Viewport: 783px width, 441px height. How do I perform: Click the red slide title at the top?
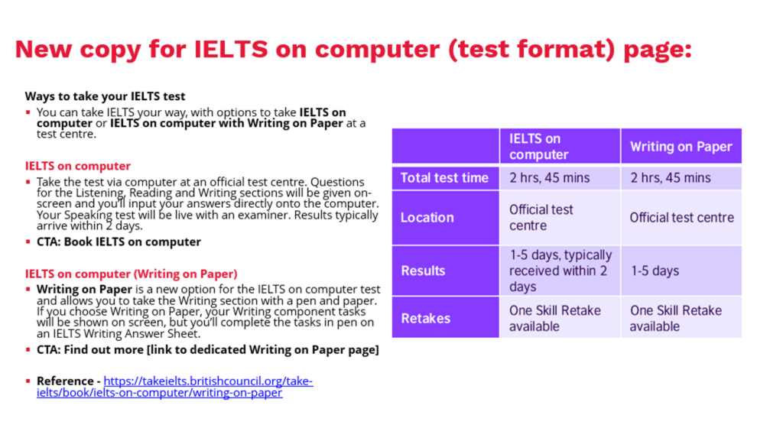(353, 50)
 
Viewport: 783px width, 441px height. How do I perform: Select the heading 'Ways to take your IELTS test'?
(105, 96)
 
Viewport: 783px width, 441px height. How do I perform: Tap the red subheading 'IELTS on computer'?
(78, 166)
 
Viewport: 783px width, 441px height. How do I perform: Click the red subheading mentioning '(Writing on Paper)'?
(132, 274)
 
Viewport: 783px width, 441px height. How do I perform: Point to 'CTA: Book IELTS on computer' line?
(119, 242)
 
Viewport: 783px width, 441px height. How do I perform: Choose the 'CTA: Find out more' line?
(208, 350)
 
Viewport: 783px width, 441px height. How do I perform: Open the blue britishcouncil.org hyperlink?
(175, 387)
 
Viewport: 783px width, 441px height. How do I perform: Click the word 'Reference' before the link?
(65, 381)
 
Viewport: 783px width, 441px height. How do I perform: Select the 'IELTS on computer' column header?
(560, 146)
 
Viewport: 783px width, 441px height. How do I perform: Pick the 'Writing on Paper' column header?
(681, 146)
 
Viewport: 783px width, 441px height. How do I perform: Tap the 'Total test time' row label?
(445, 177)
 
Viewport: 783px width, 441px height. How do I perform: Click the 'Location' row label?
(445, 218)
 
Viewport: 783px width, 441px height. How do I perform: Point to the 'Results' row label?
(445, 271)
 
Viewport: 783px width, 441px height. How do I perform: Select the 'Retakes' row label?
(445, 318)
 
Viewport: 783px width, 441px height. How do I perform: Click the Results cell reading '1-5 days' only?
(681, 271)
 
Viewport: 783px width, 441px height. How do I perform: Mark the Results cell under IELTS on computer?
(560, 271)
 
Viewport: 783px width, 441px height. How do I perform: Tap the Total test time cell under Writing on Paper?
(681, 177)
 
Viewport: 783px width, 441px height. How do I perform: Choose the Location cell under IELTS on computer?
(560, 218)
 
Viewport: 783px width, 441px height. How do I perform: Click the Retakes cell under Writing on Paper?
(681, 318)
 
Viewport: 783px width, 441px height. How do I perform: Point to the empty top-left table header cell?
(445, 146)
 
